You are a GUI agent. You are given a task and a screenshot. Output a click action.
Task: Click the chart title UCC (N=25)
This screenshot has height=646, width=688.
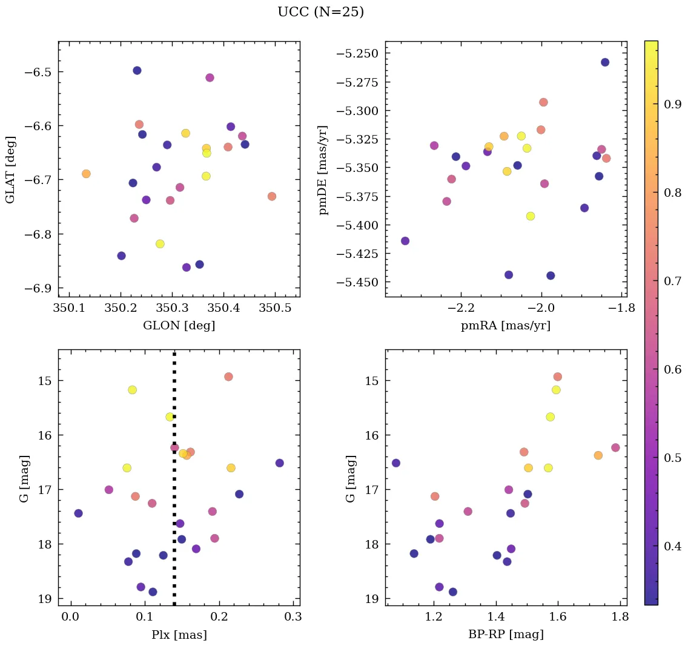pos(320,12)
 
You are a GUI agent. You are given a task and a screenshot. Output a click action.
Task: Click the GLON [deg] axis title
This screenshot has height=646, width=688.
pos(179,325)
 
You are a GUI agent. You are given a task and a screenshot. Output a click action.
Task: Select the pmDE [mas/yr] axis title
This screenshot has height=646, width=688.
pos(323,169)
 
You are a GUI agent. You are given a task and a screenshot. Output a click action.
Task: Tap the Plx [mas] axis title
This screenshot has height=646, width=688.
pos(179,634)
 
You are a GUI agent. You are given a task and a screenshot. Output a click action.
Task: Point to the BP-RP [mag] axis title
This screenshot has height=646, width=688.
pos(506,634)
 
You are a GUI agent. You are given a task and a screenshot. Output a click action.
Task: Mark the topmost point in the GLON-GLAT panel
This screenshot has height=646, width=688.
pos(137,71)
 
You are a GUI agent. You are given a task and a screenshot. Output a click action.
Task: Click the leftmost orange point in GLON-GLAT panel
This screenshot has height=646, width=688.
pos(86,174)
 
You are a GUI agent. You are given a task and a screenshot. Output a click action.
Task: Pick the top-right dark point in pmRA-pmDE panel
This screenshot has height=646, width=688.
pos(605,62)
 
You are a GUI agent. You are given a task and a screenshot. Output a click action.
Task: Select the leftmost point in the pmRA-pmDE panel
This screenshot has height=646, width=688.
pos(405,241)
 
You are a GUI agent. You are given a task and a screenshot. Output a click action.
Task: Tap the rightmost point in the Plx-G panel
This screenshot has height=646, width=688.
pos(279,463)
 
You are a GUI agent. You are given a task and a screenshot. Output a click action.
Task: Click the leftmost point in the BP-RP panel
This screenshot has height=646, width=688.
pos(396,463)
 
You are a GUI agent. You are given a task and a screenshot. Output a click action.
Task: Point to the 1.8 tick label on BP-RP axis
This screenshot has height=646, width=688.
pos(620,618)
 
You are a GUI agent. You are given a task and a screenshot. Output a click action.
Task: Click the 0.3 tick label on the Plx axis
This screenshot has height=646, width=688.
pos(293,618)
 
